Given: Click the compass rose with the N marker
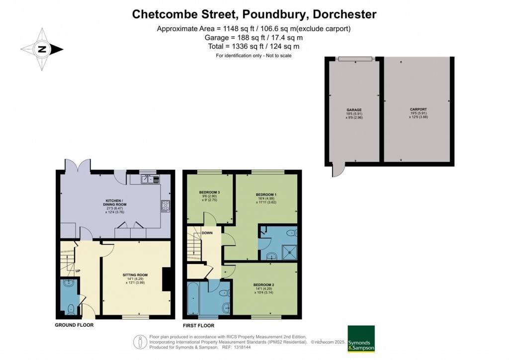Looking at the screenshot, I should [42, 49].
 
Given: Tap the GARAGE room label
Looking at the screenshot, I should [354, 110].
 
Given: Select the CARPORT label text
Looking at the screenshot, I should [418, 109].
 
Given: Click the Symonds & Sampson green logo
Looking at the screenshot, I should [361, 339].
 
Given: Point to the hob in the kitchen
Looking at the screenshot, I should [165, 206].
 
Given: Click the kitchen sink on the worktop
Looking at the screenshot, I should [149, 180].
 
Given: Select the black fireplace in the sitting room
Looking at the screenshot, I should [168, 279].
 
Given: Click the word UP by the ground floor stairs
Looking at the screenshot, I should [78, 271].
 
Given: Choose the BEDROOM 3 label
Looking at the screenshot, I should [209, 192].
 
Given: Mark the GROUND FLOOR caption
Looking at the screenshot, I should [74, 325].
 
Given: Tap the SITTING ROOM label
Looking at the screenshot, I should [135, 274].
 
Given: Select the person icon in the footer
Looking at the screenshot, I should [139, 342].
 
